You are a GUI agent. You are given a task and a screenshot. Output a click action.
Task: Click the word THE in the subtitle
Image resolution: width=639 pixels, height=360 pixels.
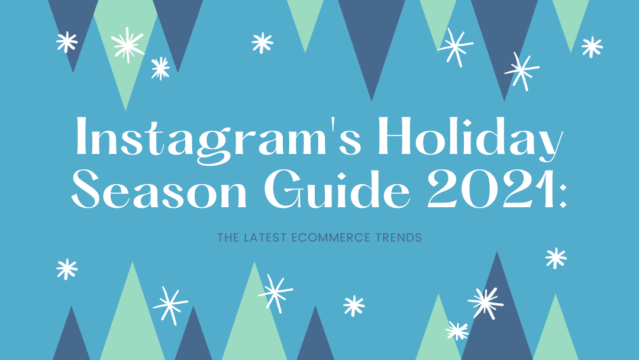228,237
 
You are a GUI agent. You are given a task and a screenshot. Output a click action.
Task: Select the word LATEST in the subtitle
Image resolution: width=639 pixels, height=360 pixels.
264,237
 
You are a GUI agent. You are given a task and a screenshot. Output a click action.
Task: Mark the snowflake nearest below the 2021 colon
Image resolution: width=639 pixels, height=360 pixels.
556,258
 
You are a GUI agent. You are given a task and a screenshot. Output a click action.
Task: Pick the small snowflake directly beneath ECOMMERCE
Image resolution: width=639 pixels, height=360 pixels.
354,306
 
